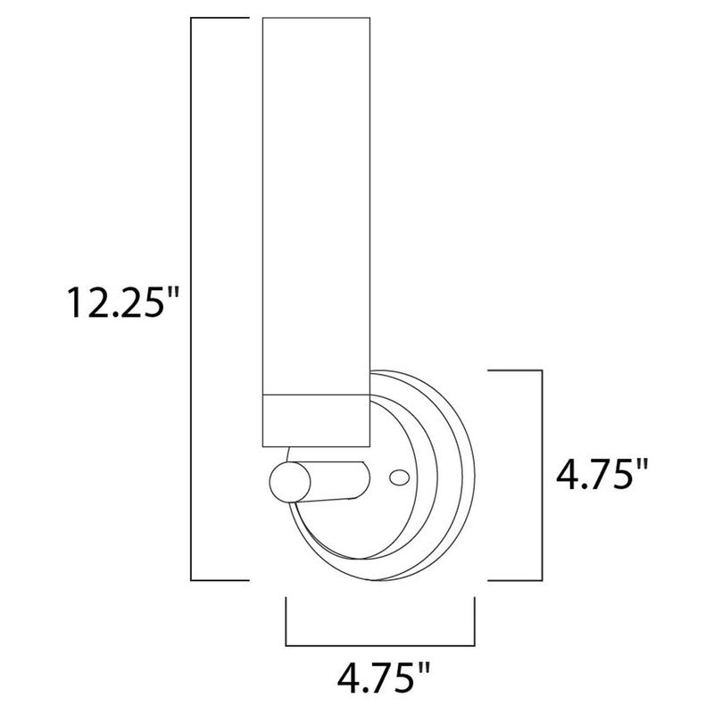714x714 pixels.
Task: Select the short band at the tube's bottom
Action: [314, 419]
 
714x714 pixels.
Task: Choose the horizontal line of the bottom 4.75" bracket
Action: [379, 643]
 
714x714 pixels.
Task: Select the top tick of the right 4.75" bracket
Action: [513, 369]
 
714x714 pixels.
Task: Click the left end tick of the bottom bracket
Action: [285, 621]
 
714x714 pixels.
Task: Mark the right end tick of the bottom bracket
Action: [474, 621]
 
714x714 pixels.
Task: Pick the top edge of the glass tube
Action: [314, 16]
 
